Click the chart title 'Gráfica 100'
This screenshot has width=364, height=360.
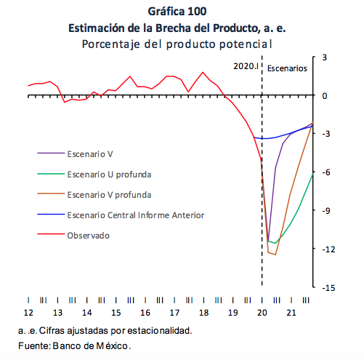click(177, 12)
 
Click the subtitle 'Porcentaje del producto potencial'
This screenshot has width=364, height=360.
click(177, 44)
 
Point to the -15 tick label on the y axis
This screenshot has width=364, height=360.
click(328, 288)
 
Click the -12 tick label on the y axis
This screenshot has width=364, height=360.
click(328, 249)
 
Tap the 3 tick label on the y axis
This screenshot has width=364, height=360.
click(325, 57)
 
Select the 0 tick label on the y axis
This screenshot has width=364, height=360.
click(325, 96)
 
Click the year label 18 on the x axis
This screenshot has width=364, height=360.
click(203, 313)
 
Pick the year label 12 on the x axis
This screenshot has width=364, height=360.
click(28, 313)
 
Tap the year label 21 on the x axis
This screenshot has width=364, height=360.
click(291, 313)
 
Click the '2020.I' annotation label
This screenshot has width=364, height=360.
click(246, 66)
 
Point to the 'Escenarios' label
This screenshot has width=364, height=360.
click(287, 68)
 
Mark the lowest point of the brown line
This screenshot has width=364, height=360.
click(275, 255)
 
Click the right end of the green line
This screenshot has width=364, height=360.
click(313, 174)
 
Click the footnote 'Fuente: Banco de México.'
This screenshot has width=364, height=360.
click(75, 345)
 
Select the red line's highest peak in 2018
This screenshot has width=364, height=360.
click(203, 72)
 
